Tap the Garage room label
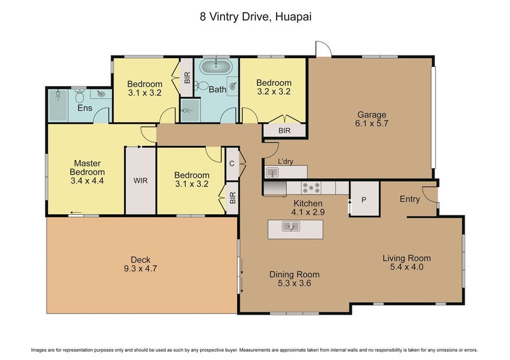point(370,115)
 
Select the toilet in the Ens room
point(80,96)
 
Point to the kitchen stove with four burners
point(311,187)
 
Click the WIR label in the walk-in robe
point(141,180)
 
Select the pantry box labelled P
point(364,199)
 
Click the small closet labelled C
point(232,164)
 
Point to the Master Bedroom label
point(87,167)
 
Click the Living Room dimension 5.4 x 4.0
point(407,268)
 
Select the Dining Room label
point(294,275)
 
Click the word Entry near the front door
point(409,199)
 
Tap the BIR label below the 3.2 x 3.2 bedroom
point(284,130)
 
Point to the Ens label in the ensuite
point(85,108)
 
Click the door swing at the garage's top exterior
point(323,50)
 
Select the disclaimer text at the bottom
point(255,350)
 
